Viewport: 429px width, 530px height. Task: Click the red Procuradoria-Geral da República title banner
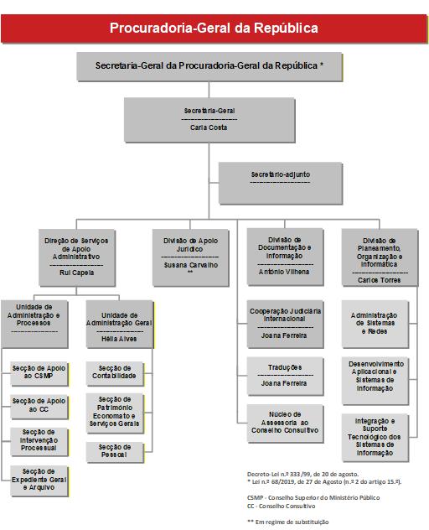point(214,29)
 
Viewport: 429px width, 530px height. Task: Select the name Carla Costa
point(209,127)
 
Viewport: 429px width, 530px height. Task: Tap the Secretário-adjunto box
point(281,183)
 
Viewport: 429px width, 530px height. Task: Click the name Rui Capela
point(77,273)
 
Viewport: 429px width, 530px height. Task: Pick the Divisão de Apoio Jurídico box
point(190,257)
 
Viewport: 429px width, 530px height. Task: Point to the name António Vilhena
point(284,272)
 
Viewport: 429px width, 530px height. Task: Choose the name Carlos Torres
point(379,280)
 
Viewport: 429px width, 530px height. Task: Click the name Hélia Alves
point(119,339)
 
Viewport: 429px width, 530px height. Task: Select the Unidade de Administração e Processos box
point(34,325)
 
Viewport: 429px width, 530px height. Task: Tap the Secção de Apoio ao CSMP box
point(39,374)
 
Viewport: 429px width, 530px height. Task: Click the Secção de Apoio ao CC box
point(39,407)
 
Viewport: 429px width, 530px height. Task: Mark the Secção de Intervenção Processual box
point(39,442)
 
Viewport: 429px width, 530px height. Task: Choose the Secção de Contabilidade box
point(115,374)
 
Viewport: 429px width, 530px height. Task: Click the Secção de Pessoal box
point(115,452)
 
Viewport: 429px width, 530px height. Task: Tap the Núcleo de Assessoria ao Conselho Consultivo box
point(285,423)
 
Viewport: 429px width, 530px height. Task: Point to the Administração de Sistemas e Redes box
point(375,325)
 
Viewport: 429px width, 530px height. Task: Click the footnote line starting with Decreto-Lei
point(302,474)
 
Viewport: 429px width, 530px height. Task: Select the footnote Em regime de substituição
point(287,522)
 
